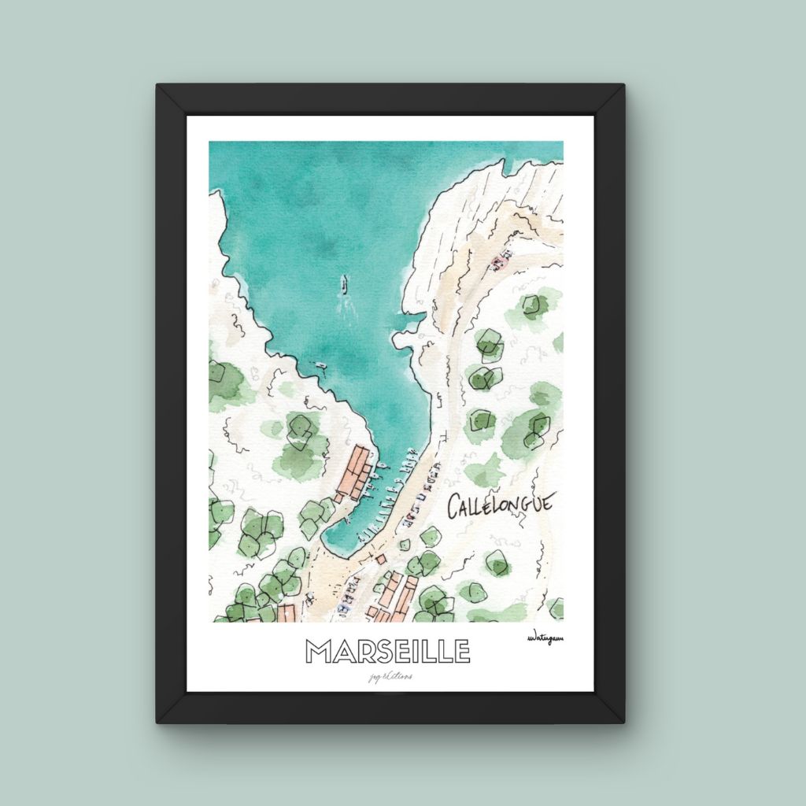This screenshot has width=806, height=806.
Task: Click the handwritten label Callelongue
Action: pyautogui.click(x=501, y=505)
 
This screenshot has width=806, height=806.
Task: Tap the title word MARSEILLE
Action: pyautogui.click(x=387, y=651)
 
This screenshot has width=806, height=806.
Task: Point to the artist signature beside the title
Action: pyautogui.click(x=548, y=639)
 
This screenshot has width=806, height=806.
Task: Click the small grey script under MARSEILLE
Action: pyautogui.click(x=387, y=675)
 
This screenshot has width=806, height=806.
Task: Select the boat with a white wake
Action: pyautogui.click(x=344, y=284)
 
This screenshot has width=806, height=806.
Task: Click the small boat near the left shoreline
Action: pyautogui.click(x=321, y=365)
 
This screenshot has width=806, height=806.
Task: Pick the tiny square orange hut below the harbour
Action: pyautogui.click(x=380, y=559)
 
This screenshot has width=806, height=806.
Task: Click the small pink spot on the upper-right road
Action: pyautogui.click(x=497, y=261)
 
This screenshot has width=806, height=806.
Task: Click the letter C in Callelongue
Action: pyautogui.click(x=454, y=508)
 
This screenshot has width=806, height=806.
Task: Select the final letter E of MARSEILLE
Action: pyautogui.click(x=460, y=651)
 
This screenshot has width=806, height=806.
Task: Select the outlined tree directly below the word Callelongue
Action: pyautogui.click(x=497, y=562)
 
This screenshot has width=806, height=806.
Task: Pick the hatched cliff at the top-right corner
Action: pyautogui.click(x=535, y=181)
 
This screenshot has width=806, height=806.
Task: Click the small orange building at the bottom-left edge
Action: pyautogui.click(x=286, y=612)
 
